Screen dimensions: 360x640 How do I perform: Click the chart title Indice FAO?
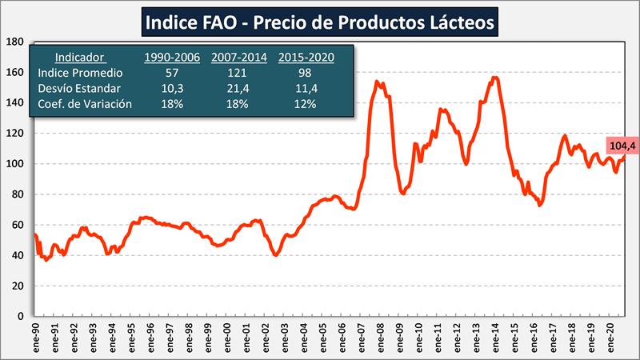tap(320, 22)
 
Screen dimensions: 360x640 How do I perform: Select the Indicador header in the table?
tap(79, 58)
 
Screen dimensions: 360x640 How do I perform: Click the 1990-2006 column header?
tap(172, 58)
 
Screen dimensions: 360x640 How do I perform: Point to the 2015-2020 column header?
tap(306, 58)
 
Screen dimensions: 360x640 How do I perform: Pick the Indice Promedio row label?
tap(79, 73)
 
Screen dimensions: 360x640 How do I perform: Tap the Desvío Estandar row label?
tap(79, 88)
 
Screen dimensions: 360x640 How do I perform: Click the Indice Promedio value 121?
tap(238, 73)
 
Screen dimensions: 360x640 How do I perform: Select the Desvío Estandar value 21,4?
tap(238, 88)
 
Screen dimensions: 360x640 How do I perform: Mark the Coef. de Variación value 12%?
tap(306, 103)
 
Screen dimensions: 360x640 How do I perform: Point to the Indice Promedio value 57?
tap(172, 73)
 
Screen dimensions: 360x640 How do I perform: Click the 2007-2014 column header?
tap(238, 58)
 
